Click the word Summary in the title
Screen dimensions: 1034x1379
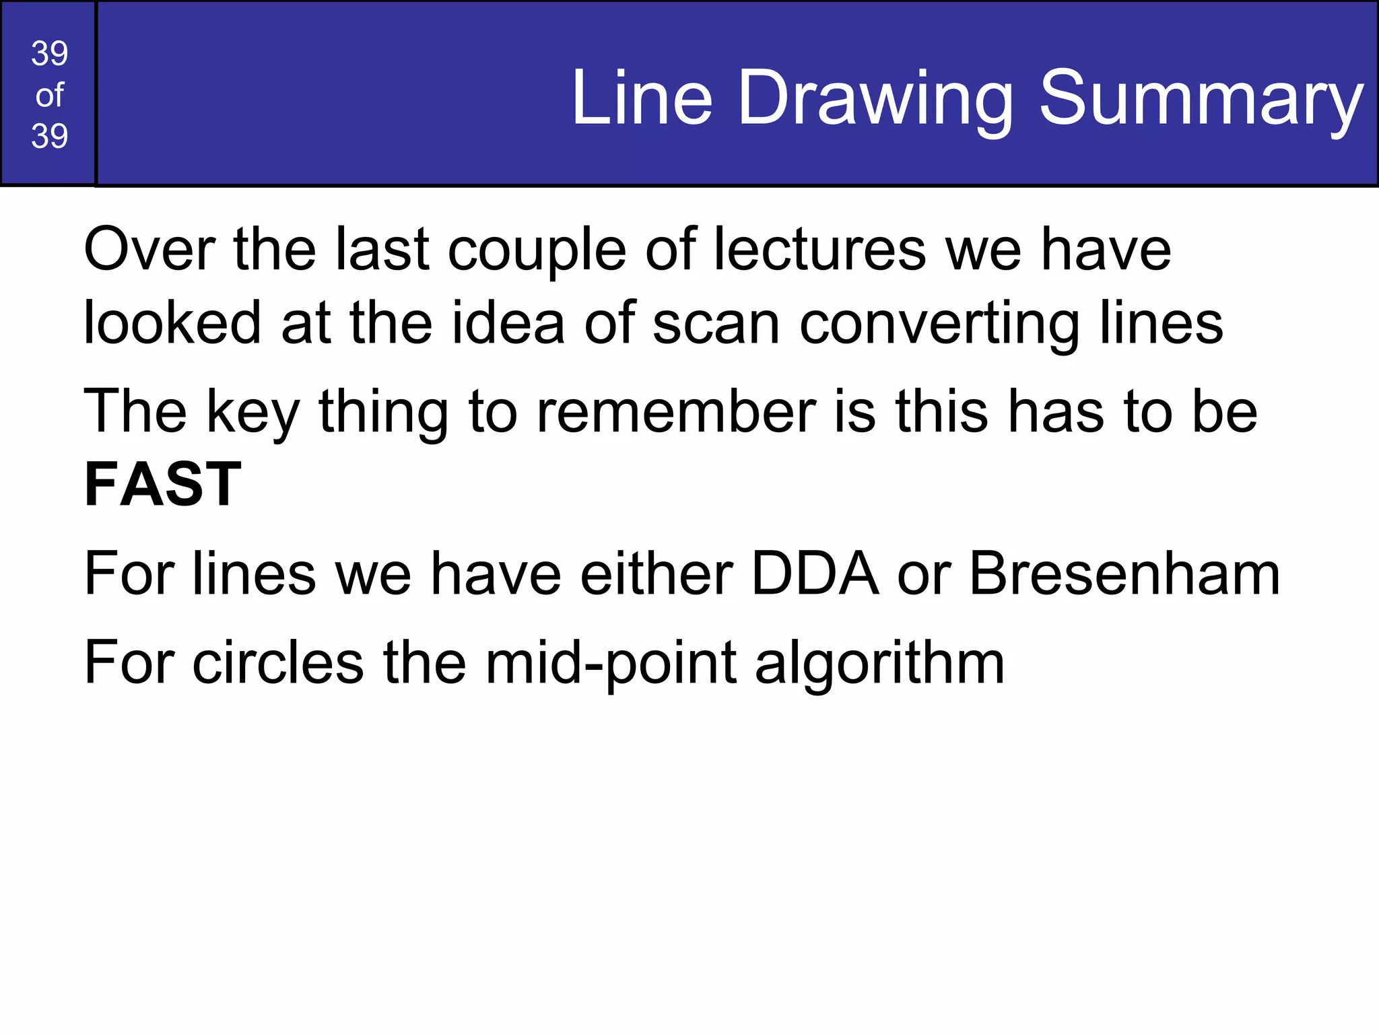[1201, 100]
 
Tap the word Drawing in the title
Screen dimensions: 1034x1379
[875, 100]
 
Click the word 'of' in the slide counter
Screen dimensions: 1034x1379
[49, 96]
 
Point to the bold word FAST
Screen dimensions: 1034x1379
[162, 484]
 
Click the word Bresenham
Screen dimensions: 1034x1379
[1124, 574]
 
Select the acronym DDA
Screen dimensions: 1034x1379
[815, 574]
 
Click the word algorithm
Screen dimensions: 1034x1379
[879, 664]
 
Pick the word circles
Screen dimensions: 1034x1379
[277, 663]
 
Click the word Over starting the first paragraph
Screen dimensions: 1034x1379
[149, 250]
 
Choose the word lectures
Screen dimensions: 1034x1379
[820, 250]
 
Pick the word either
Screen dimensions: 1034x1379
[656, 574]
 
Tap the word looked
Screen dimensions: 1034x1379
[172, 323]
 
